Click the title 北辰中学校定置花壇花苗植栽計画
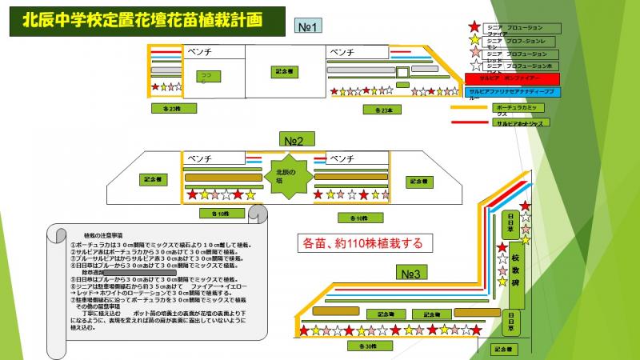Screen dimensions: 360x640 (x=142, y=20)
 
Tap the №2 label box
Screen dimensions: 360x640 (x=296, y=138)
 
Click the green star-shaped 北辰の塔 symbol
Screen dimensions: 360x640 (x=286, y=176)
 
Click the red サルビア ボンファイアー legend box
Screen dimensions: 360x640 (x=512, y=79)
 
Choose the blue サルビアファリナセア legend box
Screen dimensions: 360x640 (x=512, y=93)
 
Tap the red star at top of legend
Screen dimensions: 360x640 (x=475, y=27)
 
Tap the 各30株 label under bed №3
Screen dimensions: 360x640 (x=366, y=346)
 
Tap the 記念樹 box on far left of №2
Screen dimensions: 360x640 (x=151, y=179)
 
